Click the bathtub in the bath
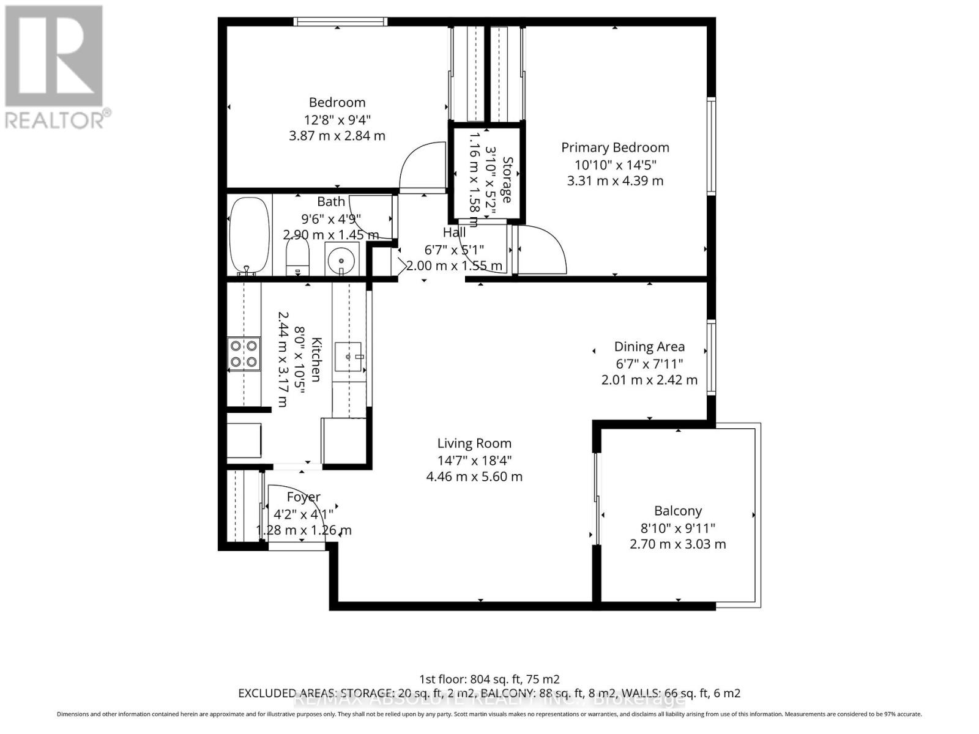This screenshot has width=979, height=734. (x=248, y=236)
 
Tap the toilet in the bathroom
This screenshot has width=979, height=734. (x=298, y=257)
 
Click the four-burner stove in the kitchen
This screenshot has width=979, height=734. (x=243, y=354)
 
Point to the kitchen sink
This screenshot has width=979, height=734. (x=349, y=357)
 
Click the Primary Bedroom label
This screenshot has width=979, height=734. (x=615, y=147)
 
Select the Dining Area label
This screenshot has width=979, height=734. (x=649, y=347)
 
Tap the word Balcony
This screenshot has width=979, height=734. (x=678, y=511)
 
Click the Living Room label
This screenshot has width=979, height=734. (x=474, y=443)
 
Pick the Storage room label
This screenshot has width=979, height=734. (x=507, y=179)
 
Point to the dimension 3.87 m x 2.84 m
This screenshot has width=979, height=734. (x=337, y=136)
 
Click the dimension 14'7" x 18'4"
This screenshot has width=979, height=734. (x=474, y=460)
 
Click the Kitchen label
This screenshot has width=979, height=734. (x=316, y=359)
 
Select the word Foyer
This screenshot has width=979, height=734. (x=303, y=497)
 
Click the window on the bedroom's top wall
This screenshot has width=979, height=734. (x=340, y=22)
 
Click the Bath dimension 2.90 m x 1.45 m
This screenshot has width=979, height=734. (x=331, y=235)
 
